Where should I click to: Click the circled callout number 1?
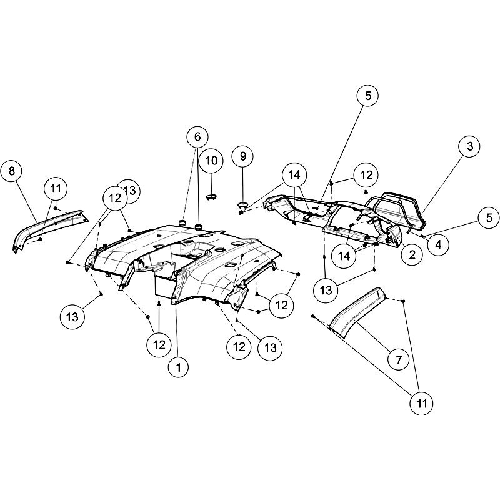pos(179,367)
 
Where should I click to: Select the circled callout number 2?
pos(412,255)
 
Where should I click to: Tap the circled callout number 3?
pos(470,146)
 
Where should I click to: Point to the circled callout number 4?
pos(439,245)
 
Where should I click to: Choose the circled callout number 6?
pos(197,137)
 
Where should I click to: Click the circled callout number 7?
pos(399,360)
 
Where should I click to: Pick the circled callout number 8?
pos(12,171)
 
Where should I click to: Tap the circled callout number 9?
pos(243,156)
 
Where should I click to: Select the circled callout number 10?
pos(211,161)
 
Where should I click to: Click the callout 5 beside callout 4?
pos(489,218)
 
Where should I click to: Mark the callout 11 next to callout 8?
pos(56,189)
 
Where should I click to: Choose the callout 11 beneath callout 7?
pos(422,403)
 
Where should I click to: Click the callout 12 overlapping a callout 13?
pos(115,198)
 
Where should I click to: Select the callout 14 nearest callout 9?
pos(294,175)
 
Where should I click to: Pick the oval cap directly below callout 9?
pos(244,204)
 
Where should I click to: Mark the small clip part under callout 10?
pos(211,197)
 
